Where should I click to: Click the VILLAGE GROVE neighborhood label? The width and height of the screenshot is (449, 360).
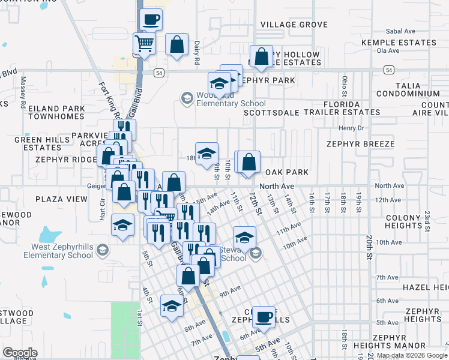point(294,25)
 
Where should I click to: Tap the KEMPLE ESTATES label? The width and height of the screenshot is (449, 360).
point(399,43)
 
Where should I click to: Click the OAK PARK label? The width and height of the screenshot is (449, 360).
point(287,172)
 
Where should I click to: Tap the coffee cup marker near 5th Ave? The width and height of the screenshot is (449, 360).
point(263,316)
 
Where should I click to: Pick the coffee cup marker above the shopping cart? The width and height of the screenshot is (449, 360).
point(151,19)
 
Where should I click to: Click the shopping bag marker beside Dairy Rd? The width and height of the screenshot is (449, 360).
point(176,44)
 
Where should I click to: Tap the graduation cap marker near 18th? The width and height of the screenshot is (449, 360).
point(206,153)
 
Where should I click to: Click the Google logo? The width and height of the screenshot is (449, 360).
point(20,353)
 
